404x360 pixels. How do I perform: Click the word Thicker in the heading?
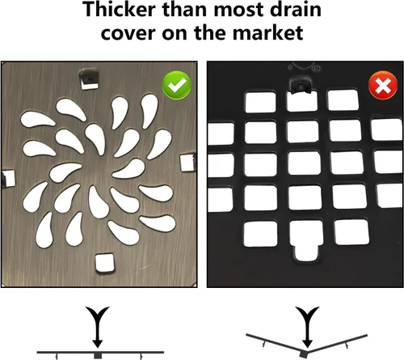(x=120, y=10)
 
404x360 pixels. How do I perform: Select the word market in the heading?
(x=267, y=33)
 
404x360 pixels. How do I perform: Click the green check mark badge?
(x=176, y=85)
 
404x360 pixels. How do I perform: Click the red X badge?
(x=383, y=86)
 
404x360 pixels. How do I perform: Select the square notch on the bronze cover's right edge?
(x=187, y=163)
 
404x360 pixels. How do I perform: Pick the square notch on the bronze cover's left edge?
(x=8, y=179)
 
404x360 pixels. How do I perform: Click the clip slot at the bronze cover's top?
(x=89, y=79)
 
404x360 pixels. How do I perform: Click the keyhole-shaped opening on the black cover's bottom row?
(x=307, y=240)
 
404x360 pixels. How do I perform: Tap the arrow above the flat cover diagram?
(x=98, y=327)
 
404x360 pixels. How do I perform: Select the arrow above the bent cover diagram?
(x=307, y=327)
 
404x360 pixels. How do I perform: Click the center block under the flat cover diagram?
(x=98, y=356)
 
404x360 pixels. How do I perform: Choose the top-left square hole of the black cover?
(x=260, y=102)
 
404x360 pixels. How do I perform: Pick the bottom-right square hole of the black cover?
(x=351, y=232)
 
